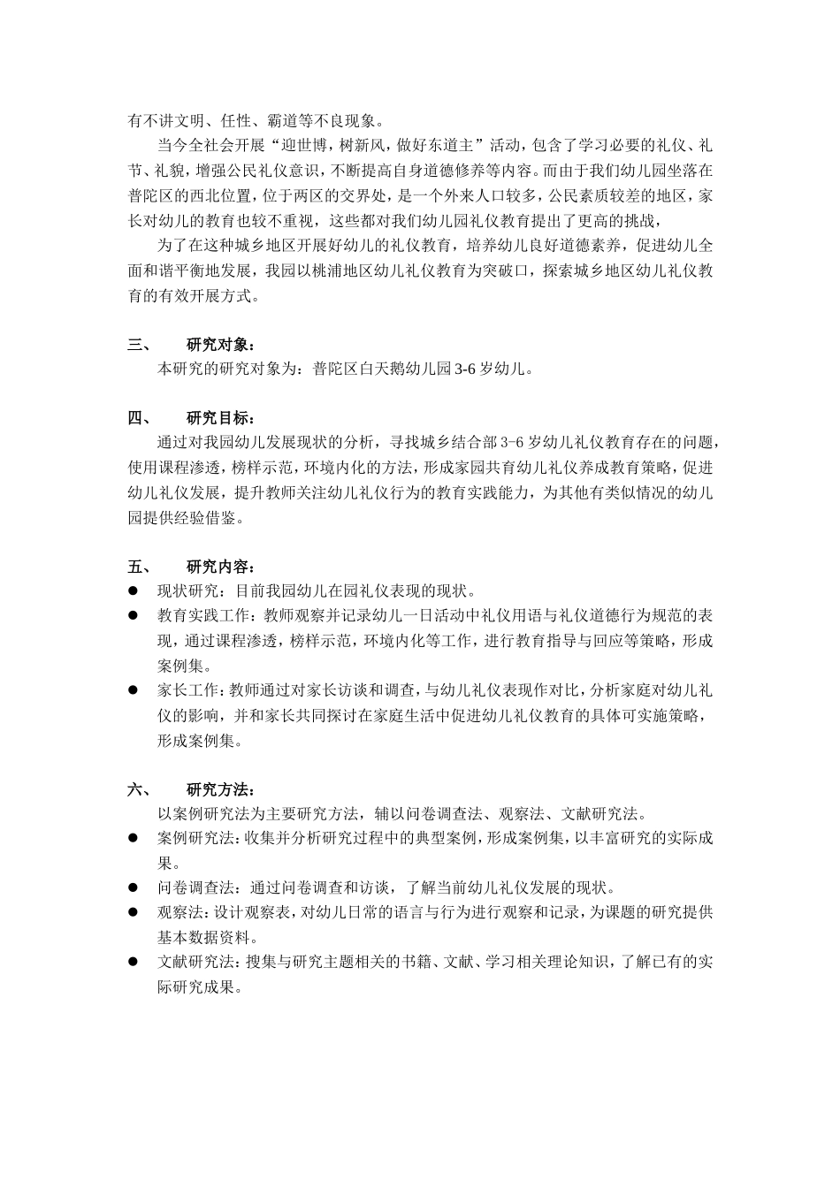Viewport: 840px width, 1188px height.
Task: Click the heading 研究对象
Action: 221,345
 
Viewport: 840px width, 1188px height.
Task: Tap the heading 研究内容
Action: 221,567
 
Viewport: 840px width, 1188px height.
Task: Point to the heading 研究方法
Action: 221,788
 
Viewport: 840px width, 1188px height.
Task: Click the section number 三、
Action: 140,345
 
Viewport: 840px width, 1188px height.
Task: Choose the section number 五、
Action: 140,567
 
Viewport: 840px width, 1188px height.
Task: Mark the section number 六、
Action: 140,788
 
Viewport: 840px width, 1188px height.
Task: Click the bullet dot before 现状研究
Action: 134,590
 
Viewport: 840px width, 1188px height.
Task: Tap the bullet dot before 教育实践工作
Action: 134,615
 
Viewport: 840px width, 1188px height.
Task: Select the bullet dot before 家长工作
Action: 134,689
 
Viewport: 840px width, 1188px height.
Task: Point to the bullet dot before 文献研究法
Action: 134,961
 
